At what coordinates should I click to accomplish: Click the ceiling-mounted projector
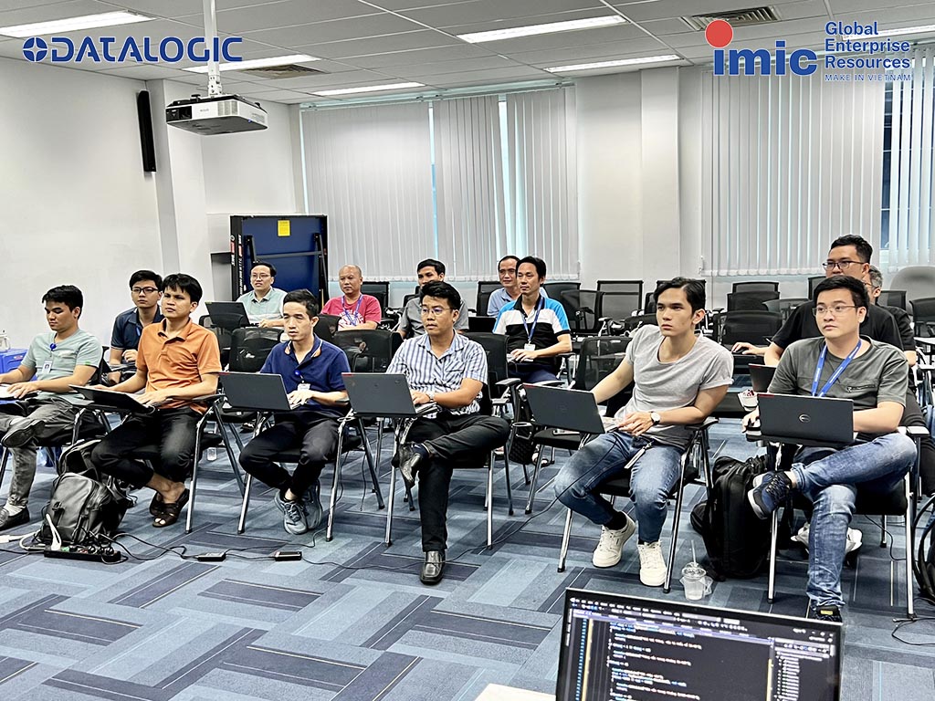click(216, 113)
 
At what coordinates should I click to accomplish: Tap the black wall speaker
click(146, 131)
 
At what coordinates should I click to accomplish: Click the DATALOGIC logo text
click(132, 49)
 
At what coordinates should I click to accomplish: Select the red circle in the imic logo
click(719, 34)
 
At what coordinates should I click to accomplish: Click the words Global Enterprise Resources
click(867, 46)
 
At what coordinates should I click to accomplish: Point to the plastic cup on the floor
click(694, 581)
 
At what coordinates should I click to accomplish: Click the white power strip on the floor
click(81, 552)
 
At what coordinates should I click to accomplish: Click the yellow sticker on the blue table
click(282, 227)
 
